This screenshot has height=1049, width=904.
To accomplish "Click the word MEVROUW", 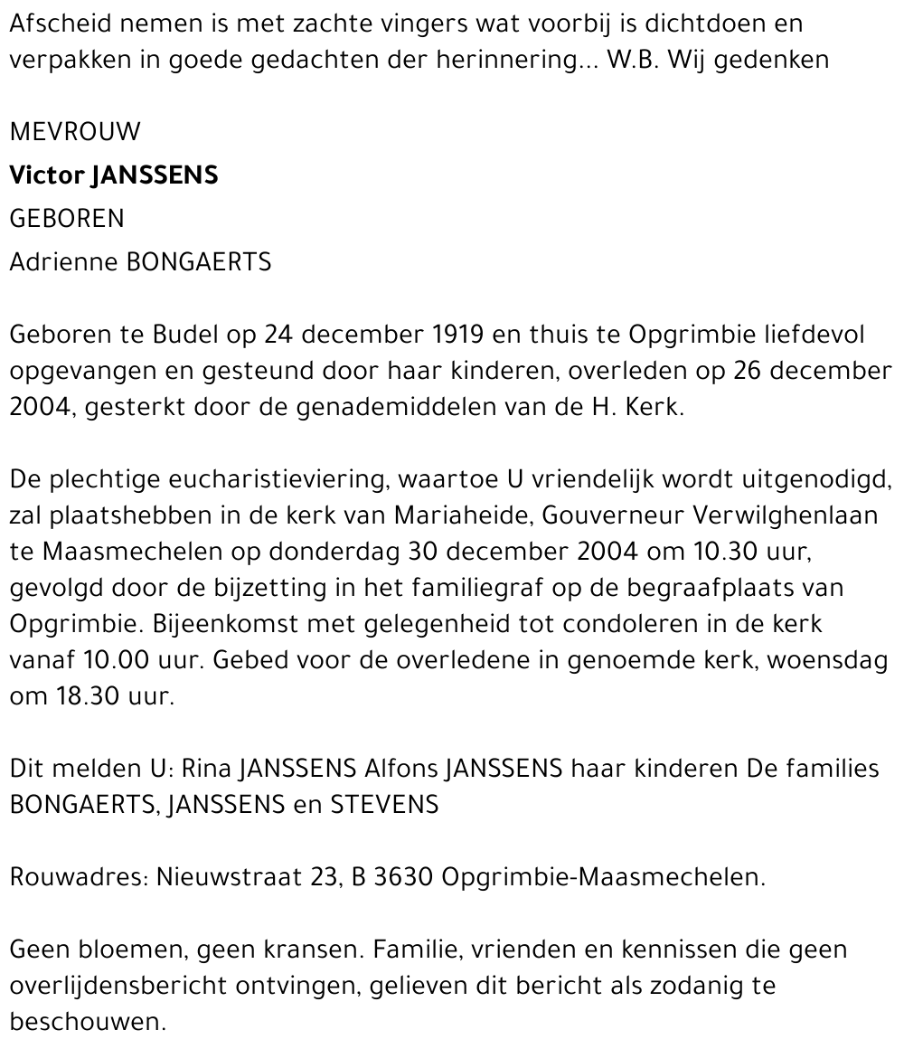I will coord(75,132).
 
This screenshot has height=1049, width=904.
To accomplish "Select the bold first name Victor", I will coord(46,175).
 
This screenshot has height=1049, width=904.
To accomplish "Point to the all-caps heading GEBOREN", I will coord(67,219).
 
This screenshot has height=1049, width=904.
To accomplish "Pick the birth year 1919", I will coord(454,335).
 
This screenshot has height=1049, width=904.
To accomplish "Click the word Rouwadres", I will coord(76,877).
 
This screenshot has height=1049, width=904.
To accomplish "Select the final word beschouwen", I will coord(88,1022).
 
